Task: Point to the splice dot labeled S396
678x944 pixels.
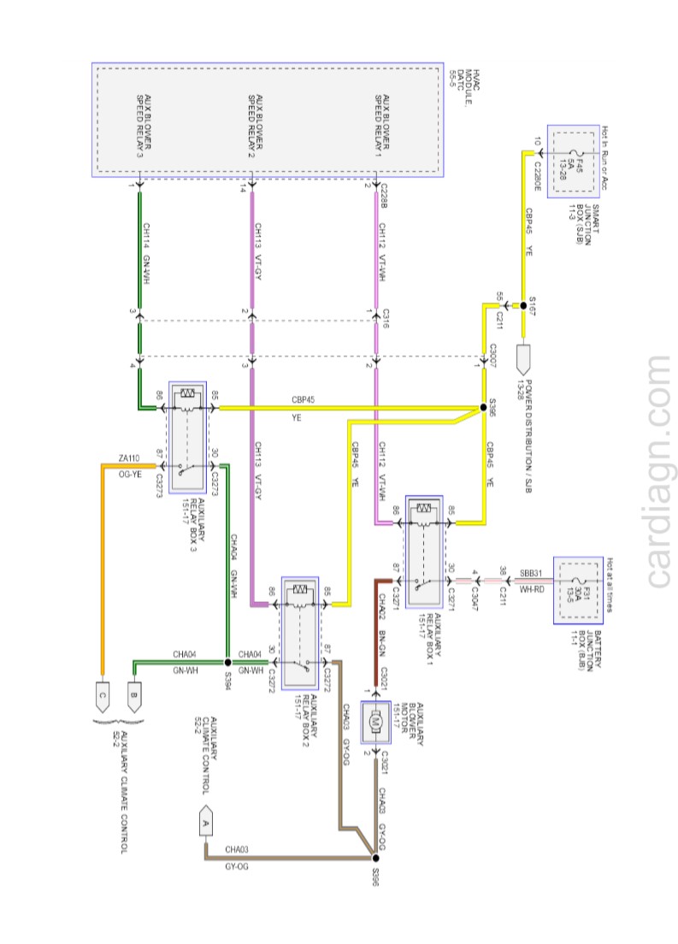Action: [x=374, y=857]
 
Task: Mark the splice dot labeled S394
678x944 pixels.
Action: [x=227, y=662]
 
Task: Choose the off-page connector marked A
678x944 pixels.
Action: [x=204, y=822]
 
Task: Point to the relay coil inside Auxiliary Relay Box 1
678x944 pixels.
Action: [x=424, y=510]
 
